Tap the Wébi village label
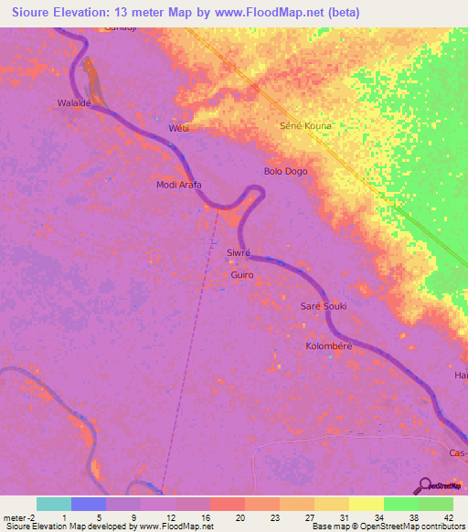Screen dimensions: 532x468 pos(178,129)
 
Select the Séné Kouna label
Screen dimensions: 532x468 pos(305,125)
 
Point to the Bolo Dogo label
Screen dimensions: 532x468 pos(285,171)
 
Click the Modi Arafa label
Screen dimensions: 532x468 pos(179,185)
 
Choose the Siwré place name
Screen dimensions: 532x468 pos(238,251)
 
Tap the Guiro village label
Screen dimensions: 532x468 pos(242,274)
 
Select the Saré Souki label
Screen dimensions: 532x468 pos(324,306)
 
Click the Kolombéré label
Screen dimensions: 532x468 pos(329,347)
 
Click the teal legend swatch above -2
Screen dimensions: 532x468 pos(53,504)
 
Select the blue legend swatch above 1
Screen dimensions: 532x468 pos(89,504)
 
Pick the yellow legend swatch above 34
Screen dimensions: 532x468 pos(366,504)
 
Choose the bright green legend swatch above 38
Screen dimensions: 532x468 pos(400,504)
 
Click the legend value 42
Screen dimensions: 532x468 pos(448,517)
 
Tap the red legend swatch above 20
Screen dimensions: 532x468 pos(227,504)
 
